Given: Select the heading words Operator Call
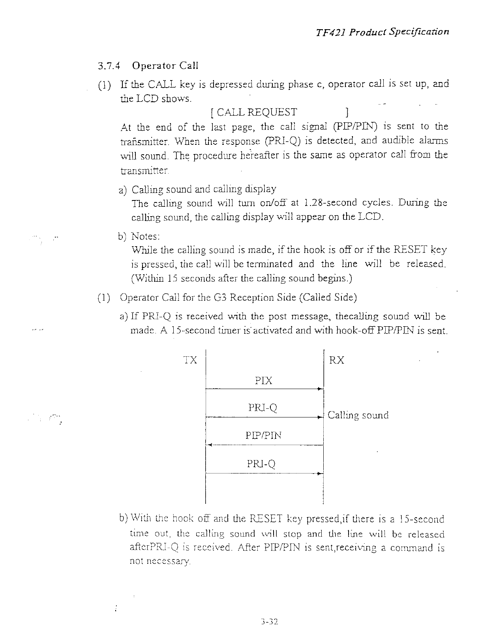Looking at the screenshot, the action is (165, 65).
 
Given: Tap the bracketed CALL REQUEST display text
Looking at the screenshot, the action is (279, 112).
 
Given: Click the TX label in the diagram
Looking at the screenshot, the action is (190, 360).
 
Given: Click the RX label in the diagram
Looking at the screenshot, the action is (336, 360).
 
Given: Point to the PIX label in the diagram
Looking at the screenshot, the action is (264, 381).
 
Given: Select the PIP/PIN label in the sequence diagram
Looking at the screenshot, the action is (264, 436).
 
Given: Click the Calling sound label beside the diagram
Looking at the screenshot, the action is (358, 415).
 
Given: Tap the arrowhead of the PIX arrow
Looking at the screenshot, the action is (321, 389).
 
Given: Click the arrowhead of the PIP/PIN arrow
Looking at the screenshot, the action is (210, 445).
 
